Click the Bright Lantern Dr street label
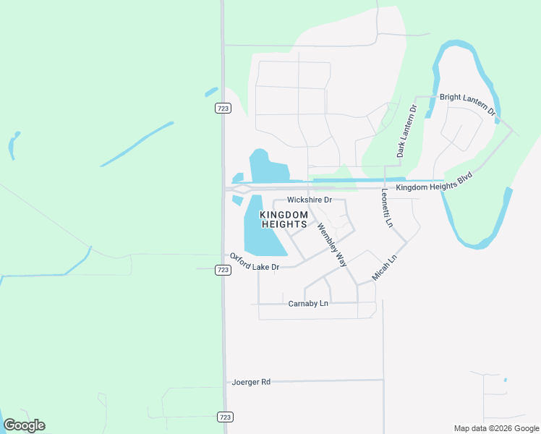point(467,104)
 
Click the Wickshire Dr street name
point(309,200)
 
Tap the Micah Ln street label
point(384,268)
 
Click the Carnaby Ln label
point(308,303)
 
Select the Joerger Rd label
point(251,381)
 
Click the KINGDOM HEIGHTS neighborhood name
point(279,220)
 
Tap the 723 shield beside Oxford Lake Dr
point(223,270)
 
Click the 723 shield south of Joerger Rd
point(225,417)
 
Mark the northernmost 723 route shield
point(223,109)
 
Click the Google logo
point(25,425)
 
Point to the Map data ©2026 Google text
point(496,428)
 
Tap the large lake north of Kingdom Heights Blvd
point(268,168)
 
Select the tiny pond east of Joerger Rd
point(505,380)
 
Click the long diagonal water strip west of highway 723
point(137,143)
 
